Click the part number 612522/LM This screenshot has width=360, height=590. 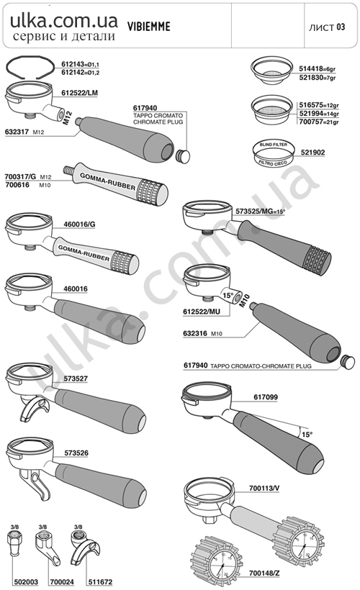point(79,93)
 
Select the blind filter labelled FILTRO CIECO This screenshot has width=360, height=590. point(273,153)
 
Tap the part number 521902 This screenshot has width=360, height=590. point(312,153)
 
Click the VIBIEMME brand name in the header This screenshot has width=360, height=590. point(149,27)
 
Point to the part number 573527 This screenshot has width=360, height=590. point(76,378)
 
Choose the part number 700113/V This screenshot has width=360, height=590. point(264,489)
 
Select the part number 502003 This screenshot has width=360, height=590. point(26,581)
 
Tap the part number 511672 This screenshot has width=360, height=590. point(100,581)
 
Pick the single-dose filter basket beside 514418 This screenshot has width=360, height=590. point(271,71)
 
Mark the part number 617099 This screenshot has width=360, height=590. point(266,397)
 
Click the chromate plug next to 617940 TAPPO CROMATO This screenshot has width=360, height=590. point(183,155)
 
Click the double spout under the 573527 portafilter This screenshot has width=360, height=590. point(33,410)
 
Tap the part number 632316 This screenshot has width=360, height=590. point(195,333)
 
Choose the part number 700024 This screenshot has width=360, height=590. point(61,581)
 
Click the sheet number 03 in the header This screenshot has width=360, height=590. point(341,27)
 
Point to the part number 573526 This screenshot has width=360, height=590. point(76,453)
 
